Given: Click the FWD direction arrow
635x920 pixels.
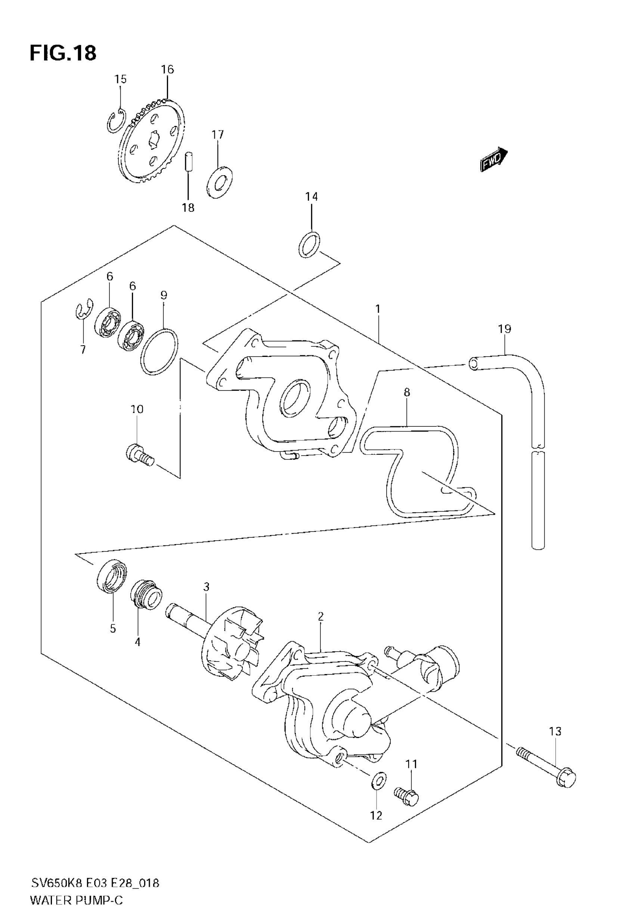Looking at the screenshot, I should [x=494, y=159].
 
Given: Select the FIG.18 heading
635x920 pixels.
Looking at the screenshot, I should [x=63, y=53].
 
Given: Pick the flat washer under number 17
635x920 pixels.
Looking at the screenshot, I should [x=220, y=183].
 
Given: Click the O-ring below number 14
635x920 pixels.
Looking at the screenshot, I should [x=309, y=245].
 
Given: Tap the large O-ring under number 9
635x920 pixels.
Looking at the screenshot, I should [x=159, y=352].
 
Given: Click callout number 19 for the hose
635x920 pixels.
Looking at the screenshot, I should [x=504, y=329].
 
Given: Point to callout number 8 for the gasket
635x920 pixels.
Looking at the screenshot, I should [x=406, y=392].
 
